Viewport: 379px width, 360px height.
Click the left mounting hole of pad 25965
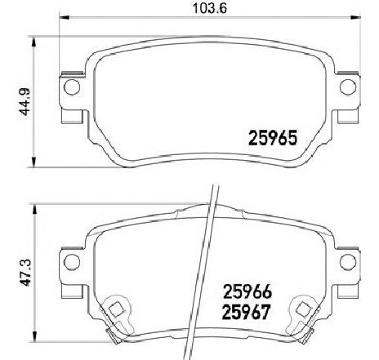(x=71, y=87)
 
